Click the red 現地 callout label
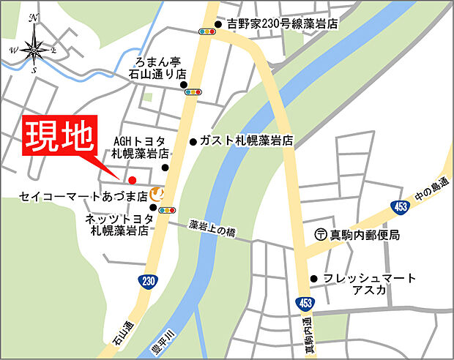point(60,136)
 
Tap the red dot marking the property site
point(132,180)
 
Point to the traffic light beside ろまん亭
point(194,92)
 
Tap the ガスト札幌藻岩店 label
point(247,141)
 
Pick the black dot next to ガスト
point(193,141)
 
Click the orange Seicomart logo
point(156,194)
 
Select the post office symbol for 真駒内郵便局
point(320,235)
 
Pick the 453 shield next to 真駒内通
point(305,301)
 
